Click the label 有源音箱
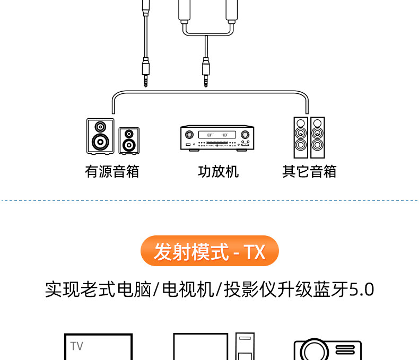pyautogui.click(x=112, y=172)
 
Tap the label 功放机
pyautogui.click(x=218, y=172)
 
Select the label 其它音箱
pyautogui.click(x=309, y=172)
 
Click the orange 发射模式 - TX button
pyautogui.click(x=210, y=251)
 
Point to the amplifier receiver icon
pyautogui.click(x=217, y=138)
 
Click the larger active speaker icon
pyautogui.click(x=100, y=136)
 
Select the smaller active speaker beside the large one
pyautogui.click(x=129, y=141)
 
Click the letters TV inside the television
pyautogui.click(x=77, y=346)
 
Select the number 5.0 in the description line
pyautogui.click(x=362, y=289)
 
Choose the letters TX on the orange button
pyautogui.click(x=254, y=251)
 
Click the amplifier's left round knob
pyautogui.click(x=188, y=135)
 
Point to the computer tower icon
pyautogui.click(x=245, y=347)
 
